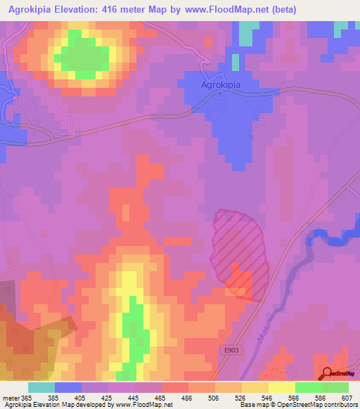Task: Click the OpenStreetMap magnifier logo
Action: (x=328, y=372)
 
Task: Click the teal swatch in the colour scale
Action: (x=41, y=387)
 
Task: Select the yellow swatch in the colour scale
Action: (x=282, y=387)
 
